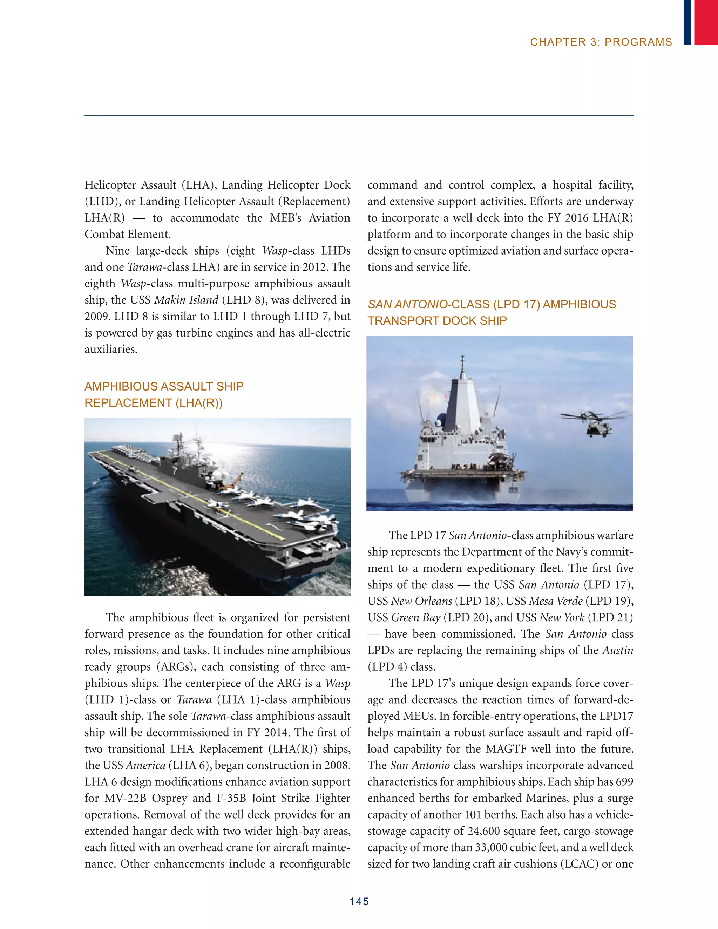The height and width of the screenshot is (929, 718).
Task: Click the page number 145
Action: coord(359,901)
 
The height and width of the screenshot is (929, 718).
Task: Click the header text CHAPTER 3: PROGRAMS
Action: coord(601,42)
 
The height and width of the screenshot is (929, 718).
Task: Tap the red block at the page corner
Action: coord(706,22)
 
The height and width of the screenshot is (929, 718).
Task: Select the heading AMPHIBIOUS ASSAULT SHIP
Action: coord(164,386)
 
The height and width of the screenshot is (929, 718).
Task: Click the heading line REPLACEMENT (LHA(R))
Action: coord(153,403)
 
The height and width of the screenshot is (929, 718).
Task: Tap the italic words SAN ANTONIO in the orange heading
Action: coord(407,305)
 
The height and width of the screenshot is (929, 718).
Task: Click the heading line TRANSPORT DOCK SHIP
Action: coord(437,321)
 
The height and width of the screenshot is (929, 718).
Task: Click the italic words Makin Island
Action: coord(186,300)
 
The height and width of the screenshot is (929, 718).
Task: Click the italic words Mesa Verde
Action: coord(556,601)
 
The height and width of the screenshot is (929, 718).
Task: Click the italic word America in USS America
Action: coord(145,765)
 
